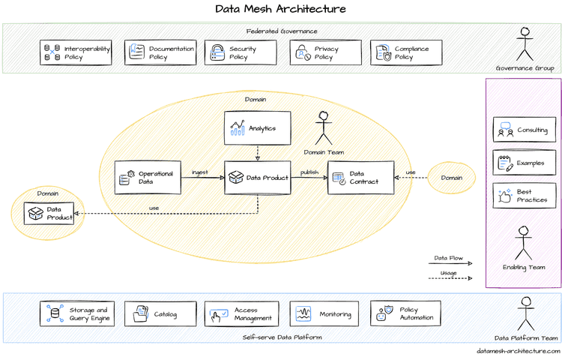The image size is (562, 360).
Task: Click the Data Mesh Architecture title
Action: (x=281, y=10)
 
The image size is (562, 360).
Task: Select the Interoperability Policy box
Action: (x=76, y=52)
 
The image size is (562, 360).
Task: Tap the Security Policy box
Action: (x=238, y=52)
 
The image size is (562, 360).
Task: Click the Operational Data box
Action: (x=146, y=178)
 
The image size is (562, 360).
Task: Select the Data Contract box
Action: (x=360, y=178)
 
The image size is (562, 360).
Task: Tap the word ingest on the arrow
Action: (x=200, y=172)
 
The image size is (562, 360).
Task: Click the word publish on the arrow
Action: (x=309, y=172)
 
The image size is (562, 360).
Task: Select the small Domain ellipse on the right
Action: (x=451, y=178)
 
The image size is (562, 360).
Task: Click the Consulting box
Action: (x=524, y=130)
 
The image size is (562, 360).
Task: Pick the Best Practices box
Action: (x=524, y=196)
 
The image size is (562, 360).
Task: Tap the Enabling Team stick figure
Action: (x=523, y=244)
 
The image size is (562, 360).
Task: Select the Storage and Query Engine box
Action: (x=76, y=313)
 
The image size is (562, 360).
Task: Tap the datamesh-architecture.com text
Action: (x=518, y=350)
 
